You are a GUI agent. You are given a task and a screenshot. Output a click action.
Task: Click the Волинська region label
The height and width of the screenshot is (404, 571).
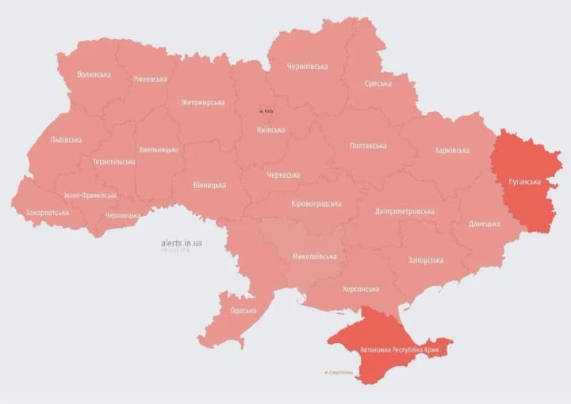(x=94, y=75)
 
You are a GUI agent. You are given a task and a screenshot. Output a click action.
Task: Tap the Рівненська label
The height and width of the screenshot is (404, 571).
(x=150, y=79)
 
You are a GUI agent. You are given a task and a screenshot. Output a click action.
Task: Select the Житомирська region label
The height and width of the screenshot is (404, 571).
(x=202, y=102)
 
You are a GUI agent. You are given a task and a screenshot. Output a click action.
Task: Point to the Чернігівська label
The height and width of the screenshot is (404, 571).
(x=306, y=67)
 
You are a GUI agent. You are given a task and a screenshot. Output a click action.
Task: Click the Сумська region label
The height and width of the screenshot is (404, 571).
(x=377, y=83)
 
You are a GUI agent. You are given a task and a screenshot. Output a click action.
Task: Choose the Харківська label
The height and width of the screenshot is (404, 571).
(x=452, y=150)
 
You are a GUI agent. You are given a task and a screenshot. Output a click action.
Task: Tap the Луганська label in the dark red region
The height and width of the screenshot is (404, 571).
(x=524, y=182)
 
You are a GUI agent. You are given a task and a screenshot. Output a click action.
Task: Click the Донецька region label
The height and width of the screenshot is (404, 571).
(x=484, y=224)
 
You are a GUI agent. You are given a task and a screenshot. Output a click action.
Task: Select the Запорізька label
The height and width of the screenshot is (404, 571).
(x=425, y=260)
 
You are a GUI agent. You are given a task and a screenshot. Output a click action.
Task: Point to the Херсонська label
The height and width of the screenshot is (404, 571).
(x=360, y=290)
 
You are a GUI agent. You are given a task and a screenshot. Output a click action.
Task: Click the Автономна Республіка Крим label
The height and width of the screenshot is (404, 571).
(x=398, y=349)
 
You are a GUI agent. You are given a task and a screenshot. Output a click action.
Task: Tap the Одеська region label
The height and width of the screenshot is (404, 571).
(x=243, y=310)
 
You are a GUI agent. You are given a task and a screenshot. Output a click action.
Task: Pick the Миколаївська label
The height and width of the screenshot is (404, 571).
(x=314, y=256)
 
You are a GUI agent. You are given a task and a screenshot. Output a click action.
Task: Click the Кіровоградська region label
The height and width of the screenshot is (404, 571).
(x=316, y=203)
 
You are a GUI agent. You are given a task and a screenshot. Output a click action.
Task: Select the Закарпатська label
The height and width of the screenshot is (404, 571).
(x=47, y=213)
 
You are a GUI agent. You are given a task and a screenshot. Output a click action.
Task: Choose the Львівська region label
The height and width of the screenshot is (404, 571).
(x=66, y=140)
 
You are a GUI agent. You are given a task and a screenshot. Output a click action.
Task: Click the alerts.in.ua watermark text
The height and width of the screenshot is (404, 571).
(x=182, y=242)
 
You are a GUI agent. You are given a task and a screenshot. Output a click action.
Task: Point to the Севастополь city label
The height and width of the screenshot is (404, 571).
(x=339, y=372)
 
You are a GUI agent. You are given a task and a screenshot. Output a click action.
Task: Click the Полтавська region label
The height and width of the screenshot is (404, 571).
(x=368, y=146)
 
